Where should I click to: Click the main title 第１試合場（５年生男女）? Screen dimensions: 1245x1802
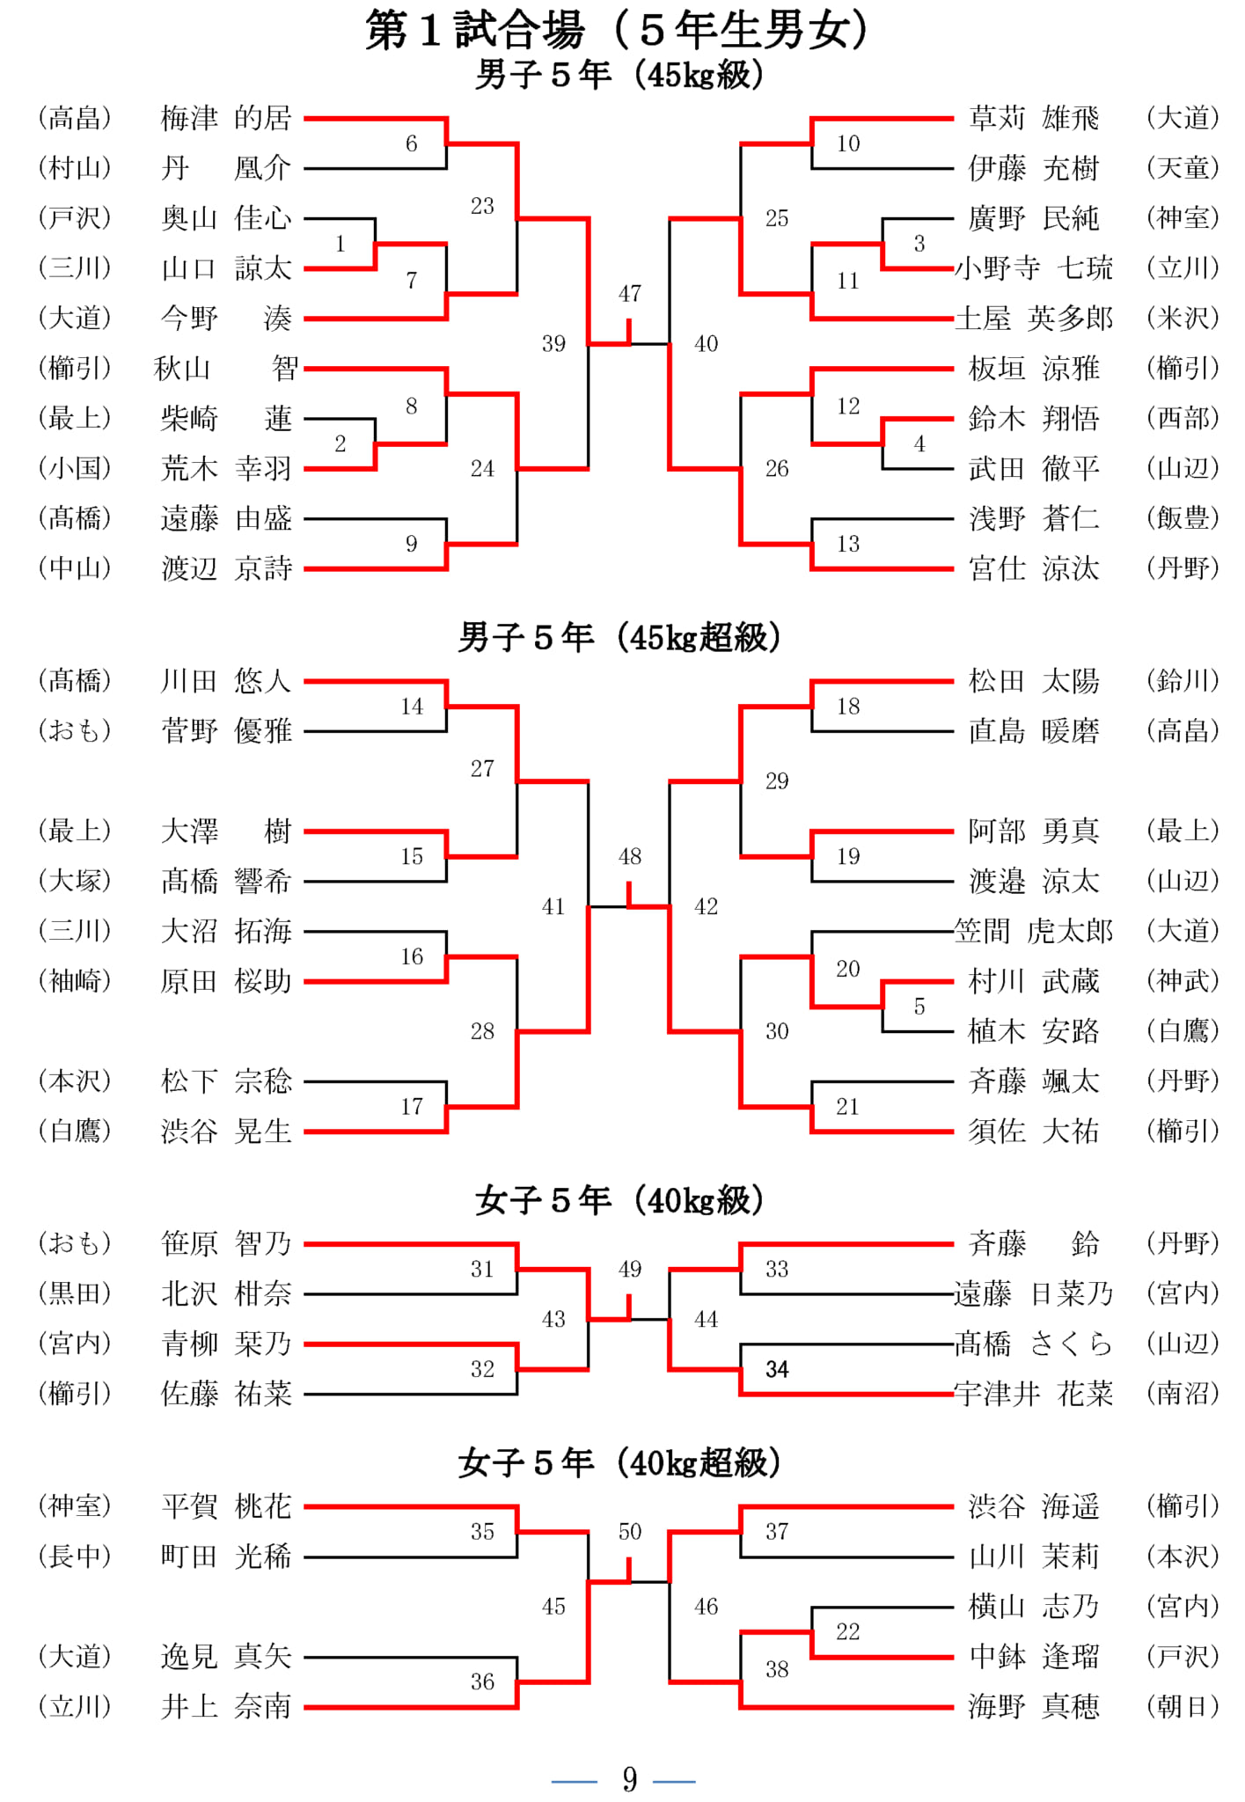coord(619,30)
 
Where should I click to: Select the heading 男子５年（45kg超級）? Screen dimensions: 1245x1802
coord(620,637)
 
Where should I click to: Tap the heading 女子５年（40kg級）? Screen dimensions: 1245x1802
coord(620,1200)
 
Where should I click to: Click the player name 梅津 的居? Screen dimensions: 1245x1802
coord(226,118)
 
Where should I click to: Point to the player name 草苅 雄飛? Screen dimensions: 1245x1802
coord(1034,118)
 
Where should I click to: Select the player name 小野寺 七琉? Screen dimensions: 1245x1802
coord(1034,267)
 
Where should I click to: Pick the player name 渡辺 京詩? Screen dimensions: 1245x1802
coord(226,568)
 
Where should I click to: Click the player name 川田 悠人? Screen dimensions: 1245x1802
coord(226,681)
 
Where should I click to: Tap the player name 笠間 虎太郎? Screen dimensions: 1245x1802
coord(1034,931)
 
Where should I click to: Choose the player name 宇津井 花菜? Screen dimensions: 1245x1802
coord(1034,1394)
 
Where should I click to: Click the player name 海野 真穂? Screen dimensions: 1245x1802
coord(1034,1707)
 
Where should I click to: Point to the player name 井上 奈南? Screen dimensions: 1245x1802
coord(226,1707)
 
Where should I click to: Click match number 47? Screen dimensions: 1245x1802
coord(630,294)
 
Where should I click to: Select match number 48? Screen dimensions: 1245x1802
coord(630,856)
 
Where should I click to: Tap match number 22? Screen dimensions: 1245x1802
coord(848,1632)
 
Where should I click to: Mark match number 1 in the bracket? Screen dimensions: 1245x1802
coord(341,244)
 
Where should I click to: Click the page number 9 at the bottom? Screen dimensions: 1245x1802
coord(630,1780)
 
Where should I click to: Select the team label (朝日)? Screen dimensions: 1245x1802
coord(1183,1707)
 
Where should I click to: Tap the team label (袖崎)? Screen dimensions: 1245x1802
coord(75,981)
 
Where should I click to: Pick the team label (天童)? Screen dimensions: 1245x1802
coord(1183,168)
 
